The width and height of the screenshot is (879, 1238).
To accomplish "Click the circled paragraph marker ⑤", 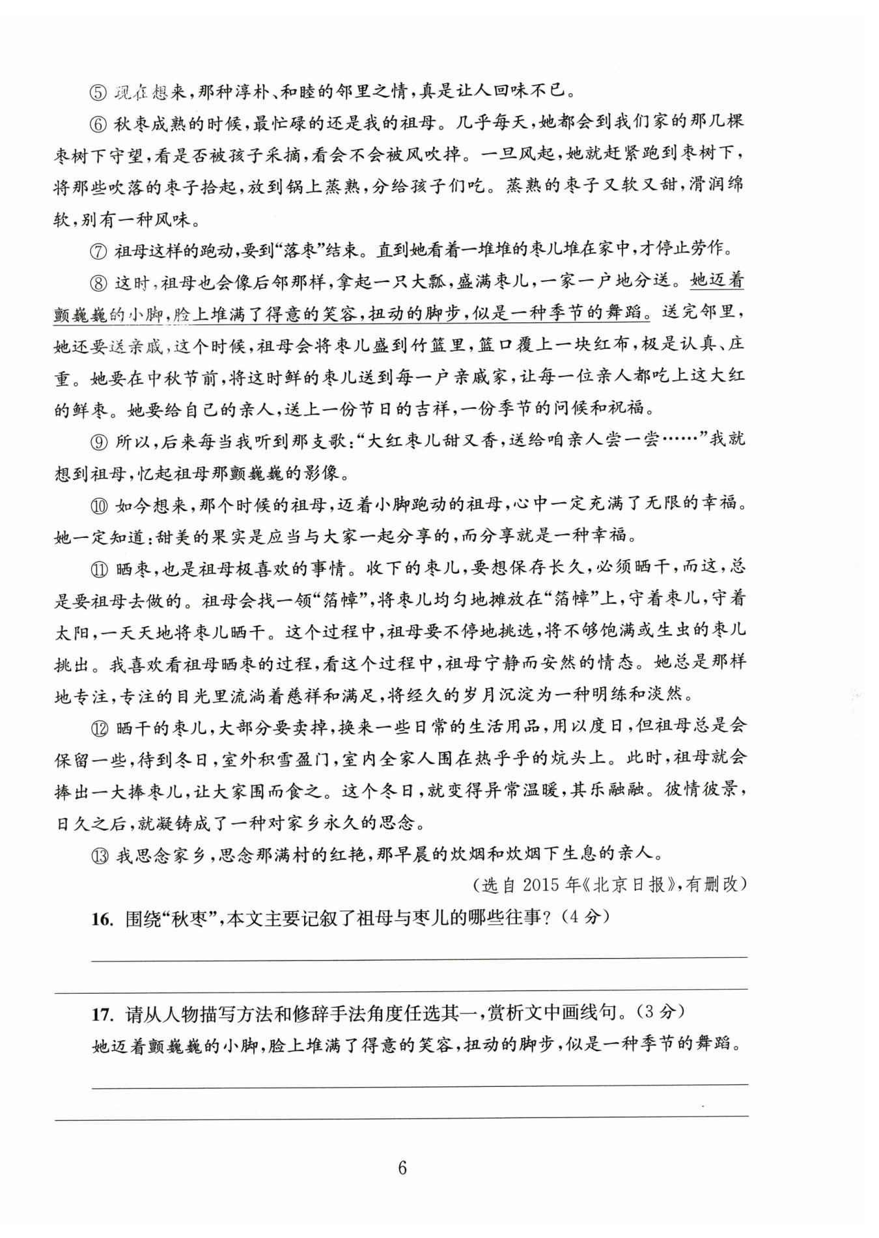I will tap(98, 92).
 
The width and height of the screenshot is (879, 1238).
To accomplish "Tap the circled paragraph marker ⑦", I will tap(98, 250).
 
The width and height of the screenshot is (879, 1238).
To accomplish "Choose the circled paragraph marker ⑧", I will tap(98, 283).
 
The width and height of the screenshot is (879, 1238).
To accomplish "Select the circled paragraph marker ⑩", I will tap(98, 504).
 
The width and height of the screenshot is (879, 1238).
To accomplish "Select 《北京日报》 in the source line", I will tap(629, 885).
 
